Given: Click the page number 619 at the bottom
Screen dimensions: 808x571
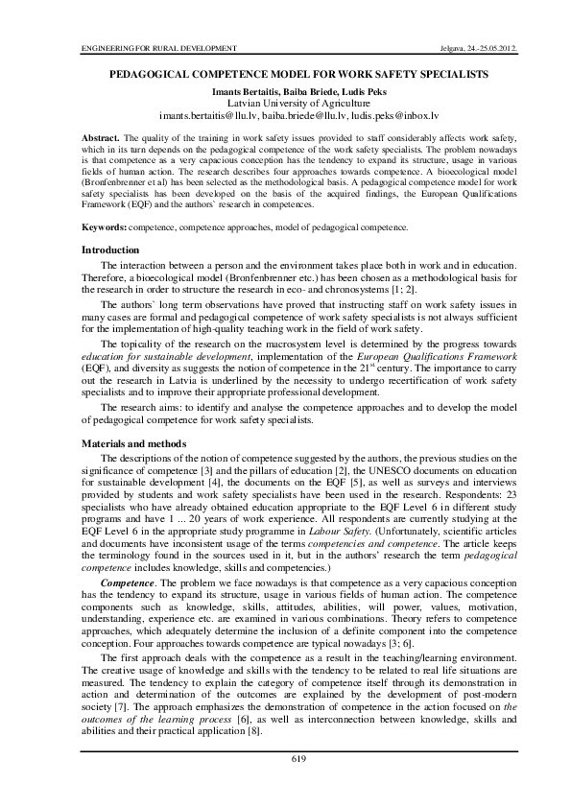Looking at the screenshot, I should pos(297,759).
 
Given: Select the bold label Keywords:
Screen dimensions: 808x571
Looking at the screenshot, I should pos(105,226).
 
